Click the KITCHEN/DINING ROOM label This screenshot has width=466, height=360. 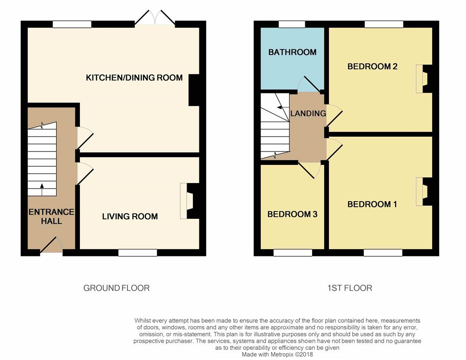[134, 78]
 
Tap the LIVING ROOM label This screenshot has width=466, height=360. [130, 216]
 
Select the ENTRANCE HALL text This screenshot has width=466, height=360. [52, 216]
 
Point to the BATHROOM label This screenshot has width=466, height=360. [292, 52]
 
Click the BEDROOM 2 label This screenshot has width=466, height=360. [373, 66]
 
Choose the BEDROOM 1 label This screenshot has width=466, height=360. [372, 204]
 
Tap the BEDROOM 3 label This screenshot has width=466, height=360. [292, 214]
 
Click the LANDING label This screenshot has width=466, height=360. [308, 113]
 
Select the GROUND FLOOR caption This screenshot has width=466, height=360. [116, 288]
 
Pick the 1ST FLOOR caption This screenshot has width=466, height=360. [350, 288]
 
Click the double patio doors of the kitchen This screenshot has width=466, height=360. [155, 18]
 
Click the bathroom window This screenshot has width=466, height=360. [292, 24]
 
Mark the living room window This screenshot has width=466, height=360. [138, 253]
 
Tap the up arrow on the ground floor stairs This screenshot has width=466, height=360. [42, 190]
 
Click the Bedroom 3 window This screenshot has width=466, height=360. [293, 253]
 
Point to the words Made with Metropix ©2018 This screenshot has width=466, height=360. [277, 354]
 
